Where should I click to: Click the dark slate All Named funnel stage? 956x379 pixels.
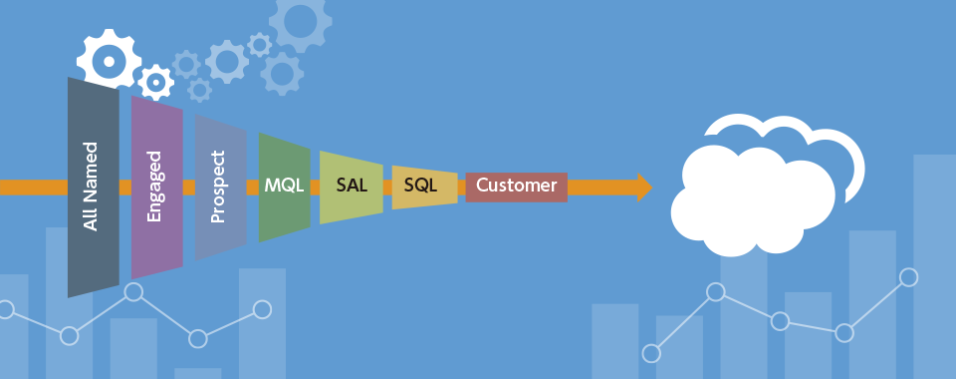click(x=94, y=187)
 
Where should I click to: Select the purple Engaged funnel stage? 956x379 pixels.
click(x=157, y=187)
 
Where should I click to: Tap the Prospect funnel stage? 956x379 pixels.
click(x=221, y=187)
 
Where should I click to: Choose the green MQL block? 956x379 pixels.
click(x=284, y=187)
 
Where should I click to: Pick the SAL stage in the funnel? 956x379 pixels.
click(x=352, y=187)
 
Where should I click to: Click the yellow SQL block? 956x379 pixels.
click(x=424, y=187)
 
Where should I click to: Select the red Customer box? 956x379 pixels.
click(x=517, y=187)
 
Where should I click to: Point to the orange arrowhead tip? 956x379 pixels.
click(x=652, y=188)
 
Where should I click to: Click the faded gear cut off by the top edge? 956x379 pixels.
click(x=301, y=18)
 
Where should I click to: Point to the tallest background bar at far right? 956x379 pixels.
click(x=935, y=266)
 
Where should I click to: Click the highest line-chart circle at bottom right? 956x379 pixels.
click(x=908, y=277)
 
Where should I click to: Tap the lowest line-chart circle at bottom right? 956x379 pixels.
click(x=651, y=353)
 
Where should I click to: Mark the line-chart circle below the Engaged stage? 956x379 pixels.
click(x=133, y=291)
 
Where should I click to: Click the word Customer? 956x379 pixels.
click(x=517, y=185)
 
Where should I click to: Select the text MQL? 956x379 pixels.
click(x=284, y=185)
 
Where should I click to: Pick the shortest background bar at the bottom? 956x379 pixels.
click(x=197, y=373)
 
